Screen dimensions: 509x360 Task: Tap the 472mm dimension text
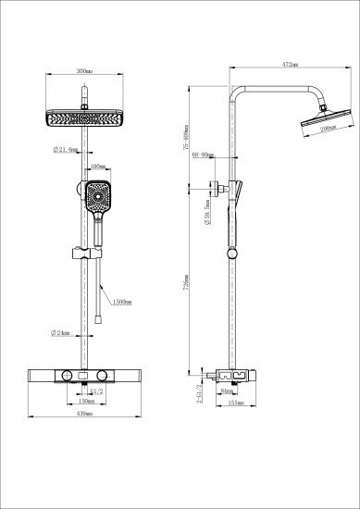(x=288, y=66)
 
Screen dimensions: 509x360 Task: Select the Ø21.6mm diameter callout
(x=65, y=149)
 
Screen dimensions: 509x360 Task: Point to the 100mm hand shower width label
(x=98, y=168)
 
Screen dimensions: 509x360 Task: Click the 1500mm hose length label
(x=122, y=302)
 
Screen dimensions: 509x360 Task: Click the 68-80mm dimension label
(x=203, y=156)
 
